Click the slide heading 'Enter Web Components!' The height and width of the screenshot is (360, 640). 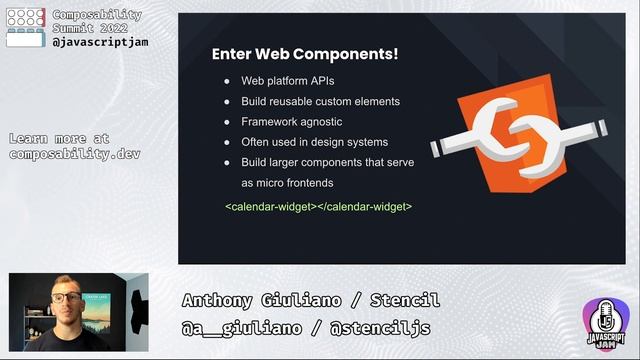305,54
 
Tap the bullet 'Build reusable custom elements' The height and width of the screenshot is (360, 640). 320,101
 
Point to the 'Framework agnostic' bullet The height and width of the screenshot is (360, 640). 290,121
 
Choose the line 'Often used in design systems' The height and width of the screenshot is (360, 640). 314,142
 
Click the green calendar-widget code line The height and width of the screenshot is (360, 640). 318,206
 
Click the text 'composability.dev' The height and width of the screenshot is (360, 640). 75,153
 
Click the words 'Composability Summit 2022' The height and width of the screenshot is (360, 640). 96,23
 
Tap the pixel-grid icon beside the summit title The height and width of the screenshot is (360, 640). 25,27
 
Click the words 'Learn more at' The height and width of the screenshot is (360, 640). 59,138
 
